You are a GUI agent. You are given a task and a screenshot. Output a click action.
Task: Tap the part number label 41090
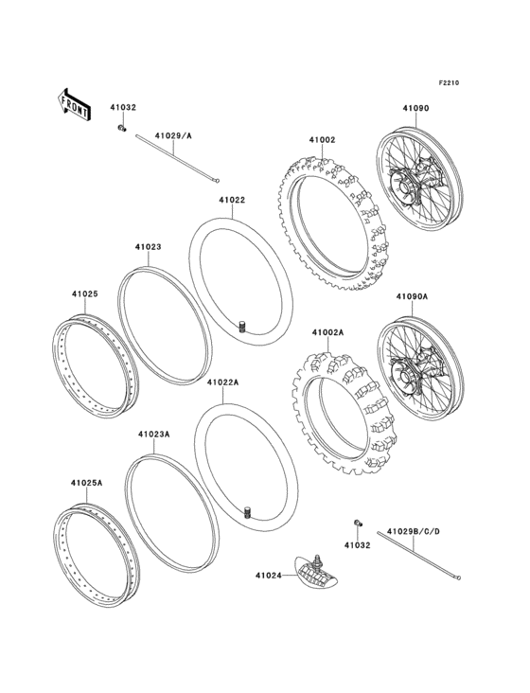(415, 110)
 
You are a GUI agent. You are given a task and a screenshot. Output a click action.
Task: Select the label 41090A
(412, 295)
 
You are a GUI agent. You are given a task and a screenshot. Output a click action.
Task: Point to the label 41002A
(327, 332)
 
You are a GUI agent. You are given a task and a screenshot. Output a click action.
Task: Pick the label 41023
(147, 247)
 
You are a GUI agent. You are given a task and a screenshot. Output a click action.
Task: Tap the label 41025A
(86, 483)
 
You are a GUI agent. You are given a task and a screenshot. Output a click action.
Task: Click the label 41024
(267, 574)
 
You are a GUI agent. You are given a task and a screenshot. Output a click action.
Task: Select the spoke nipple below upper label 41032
(122, 128)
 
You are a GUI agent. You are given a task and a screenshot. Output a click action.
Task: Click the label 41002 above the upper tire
(321, 140)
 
